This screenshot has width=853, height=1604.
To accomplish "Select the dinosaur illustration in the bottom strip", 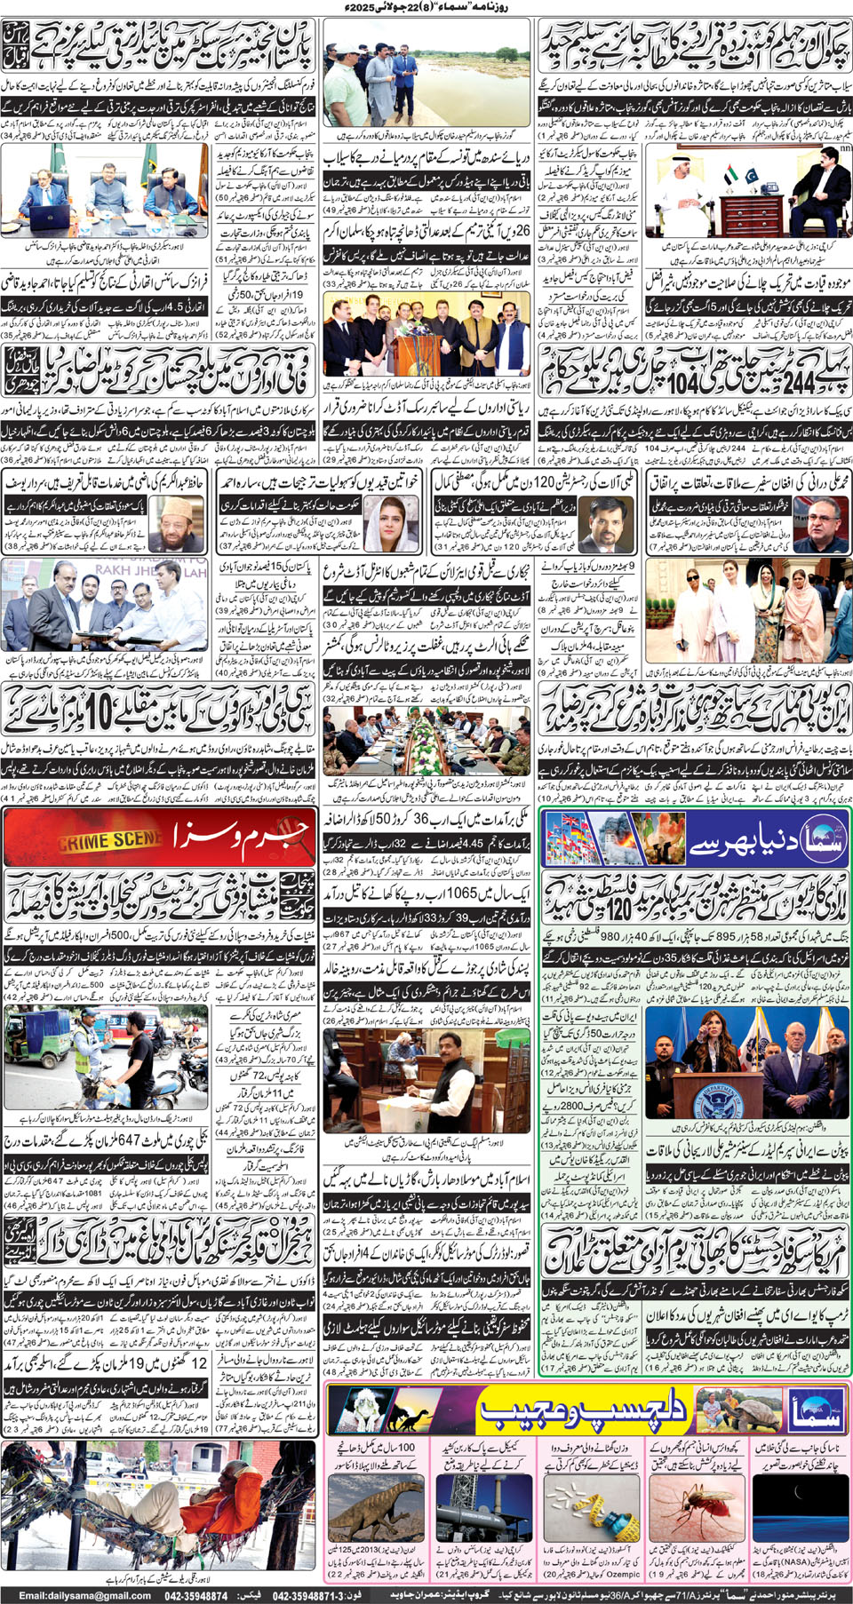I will (371, 1507).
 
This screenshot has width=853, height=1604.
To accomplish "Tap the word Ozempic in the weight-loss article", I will (622, 1575).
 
